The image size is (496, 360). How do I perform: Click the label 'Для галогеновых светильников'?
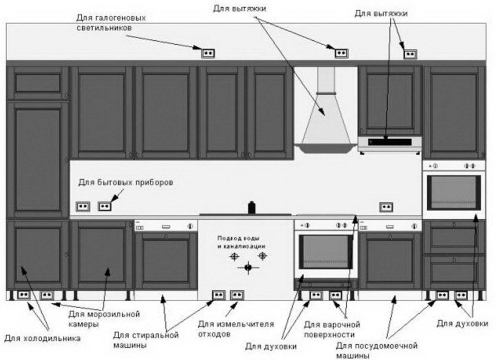pos(111,22)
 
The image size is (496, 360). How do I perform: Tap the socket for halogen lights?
pos(208,53)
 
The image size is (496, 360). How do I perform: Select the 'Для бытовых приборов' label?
pos(125,183)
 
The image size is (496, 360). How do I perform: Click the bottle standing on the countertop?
pos(252,207)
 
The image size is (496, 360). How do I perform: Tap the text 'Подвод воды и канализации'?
pos(241,242)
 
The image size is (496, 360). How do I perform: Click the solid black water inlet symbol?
pos(249,268)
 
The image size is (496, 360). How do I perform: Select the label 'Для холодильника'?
pos(43,339)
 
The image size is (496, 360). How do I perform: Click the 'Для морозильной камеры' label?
pos(104,319)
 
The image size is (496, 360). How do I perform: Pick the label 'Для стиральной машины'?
pos(146,340)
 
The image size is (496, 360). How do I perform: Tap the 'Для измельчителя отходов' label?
pos(236,329)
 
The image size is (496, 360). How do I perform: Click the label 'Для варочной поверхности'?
pos(332,329)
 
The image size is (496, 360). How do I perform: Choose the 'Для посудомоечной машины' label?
pos(377,351)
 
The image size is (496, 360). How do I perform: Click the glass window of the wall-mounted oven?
pos(453,192)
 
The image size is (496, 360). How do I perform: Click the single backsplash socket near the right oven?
pos(386,207)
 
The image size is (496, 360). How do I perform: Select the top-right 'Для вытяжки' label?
pos(381,14)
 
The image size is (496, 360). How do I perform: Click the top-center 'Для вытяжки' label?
pos(239,9)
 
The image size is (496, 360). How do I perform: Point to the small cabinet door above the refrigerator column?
pos(38,83)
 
